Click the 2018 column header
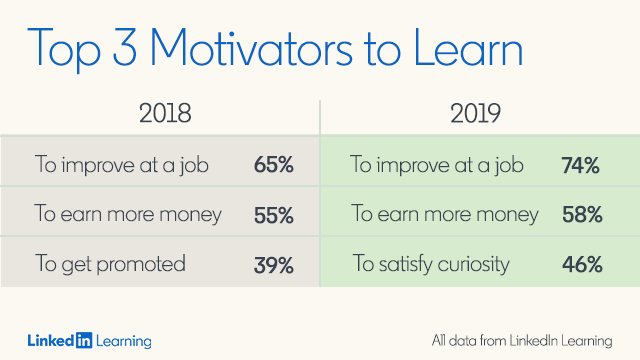pos(165,113)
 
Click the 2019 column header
pos(476,113)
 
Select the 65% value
pos(273,165)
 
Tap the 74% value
pos(580,165)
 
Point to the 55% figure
pos(273,215)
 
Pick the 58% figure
pos(582,214)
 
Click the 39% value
pos(273,265)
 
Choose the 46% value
pos(582,264)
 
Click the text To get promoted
pos(110,264)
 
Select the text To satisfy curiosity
pos(431,264)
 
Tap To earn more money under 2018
pos(128,214)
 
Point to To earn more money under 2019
pos(445,214)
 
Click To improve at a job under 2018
pos(122,165)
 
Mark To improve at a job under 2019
pos(437,165)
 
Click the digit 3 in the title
pos(124,47)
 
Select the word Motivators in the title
pos(251,47)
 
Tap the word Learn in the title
pos(468,47)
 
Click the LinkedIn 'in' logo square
pos(84,340)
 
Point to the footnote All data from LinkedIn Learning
pos(522,341)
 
